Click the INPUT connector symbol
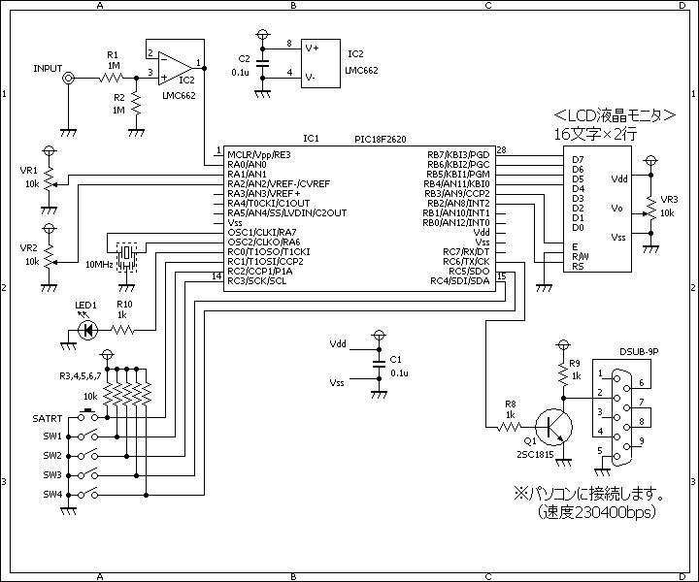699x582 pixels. [68, 79]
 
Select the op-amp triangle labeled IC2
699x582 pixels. [175, 68]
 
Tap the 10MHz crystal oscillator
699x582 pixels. [126, 256]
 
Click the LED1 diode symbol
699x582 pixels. [87, 330]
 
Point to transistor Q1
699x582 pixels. [553, 427]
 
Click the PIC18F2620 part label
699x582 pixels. [381, 140]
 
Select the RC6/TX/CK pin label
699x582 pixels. [466, 261]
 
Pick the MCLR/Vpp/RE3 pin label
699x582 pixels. [259, 155]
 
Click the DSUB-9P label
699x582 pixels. [639, 351]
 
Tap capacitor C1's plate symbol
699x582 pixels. [379, 364]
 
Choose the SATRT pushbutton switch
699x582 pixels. [87, 415]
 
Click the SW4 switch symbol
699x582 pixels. [87, 494]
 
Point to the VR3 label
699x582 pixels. [669, 200]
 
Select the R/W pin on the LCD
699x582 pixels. [581, 256]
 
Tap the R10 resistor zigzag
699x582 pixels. [122, 330]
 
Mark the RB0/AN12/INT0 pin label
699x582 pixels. [456, 223]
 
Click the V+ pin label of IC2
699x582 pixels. [312, 48]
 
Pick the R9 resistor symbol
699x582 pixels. [563, 372]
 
